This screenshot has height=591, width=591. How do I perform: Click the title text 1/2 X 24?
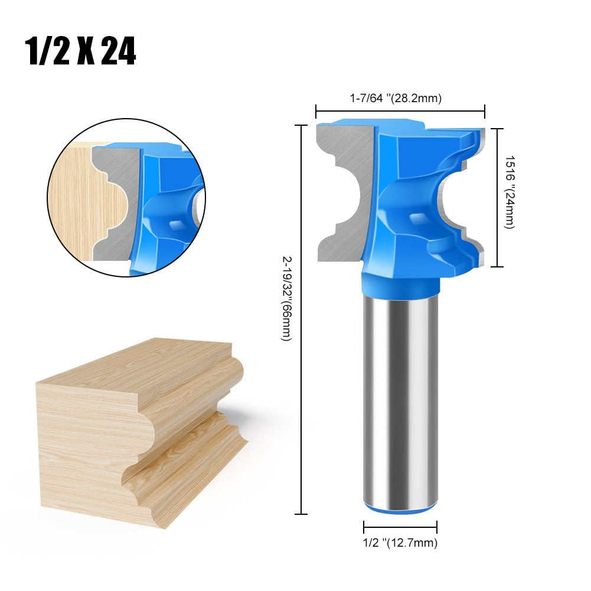coord(81,52)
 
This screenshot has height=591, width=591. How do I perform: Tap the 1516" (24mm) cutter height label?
coord(508,192)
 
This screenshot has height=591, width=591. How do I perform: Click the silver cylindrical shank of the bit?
coord(400,401)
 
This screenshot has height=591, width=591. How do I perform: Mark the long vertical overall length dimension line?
coord(302,319)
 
